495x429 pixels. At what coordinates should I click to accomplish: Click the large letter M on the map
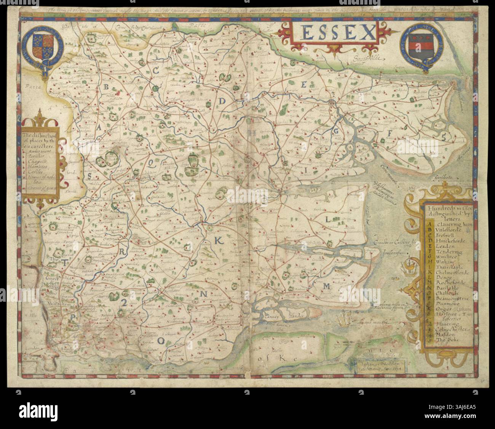coord(327,287)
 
